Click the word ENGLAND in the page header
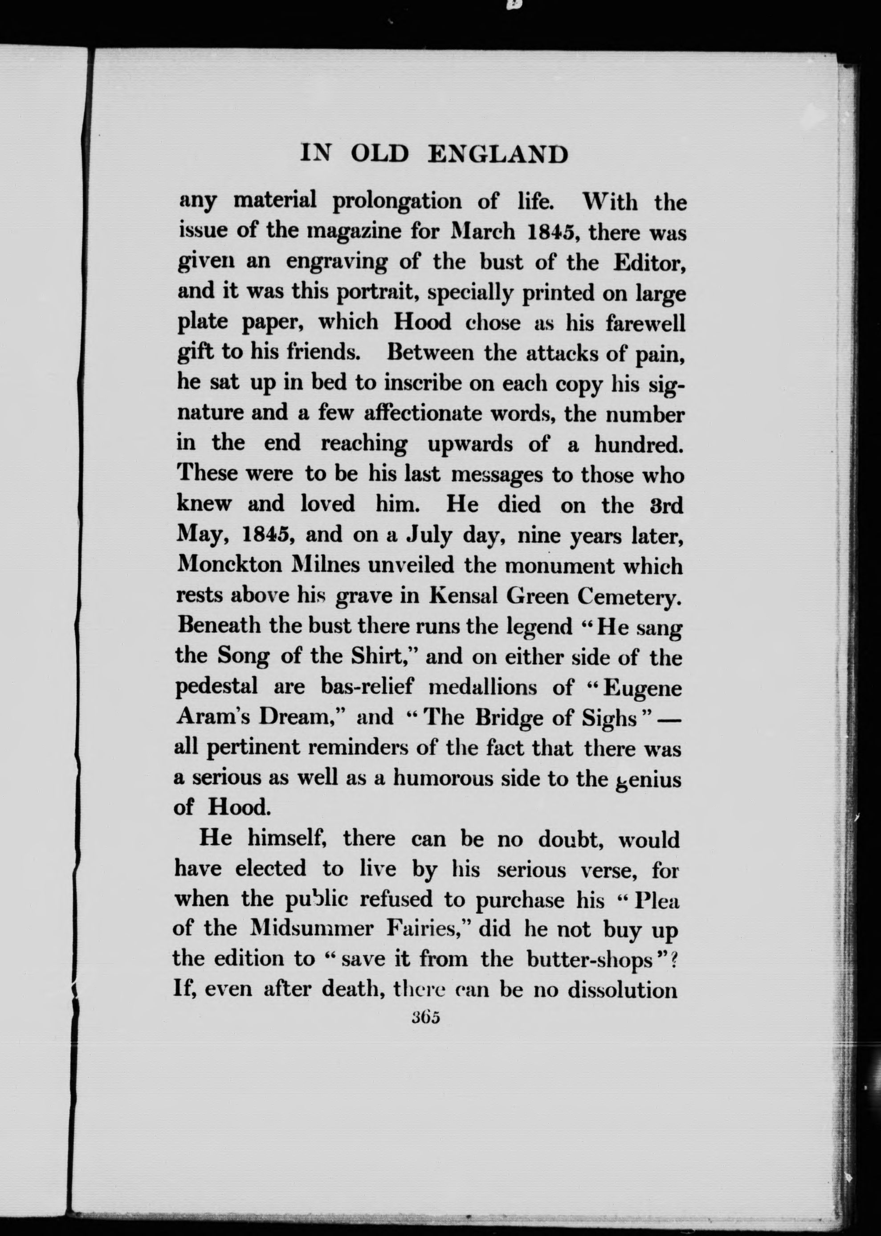coord(498,155)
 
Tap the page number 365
coord(425,1017)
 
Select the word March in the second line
coord(483,232)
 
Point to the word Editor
coord(650,262)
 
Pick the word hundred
coord(638,444)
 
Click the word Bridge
coord(510,717)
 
